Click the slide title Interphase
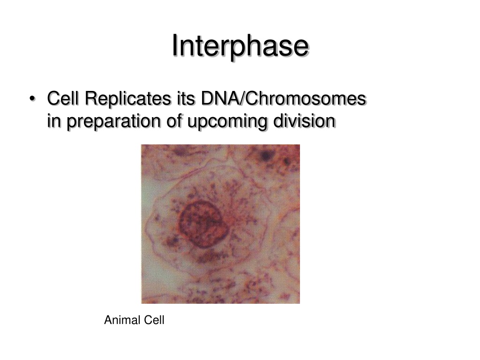[240, 46]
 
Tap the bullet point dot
[32, 99]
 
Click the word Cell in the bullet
[63, 98]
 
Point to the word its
[186, 98]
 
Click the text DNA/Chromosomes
[284, 98]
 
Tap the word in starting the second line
[54, 121]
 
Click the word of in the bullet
[174, 120]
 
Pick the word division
[305, 120]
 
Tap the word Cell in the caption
[154, 320]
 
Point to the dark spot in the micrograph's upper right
[266, 156]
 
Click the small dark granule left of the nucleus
[172, 241]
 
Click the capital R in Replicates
[91, 98]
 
